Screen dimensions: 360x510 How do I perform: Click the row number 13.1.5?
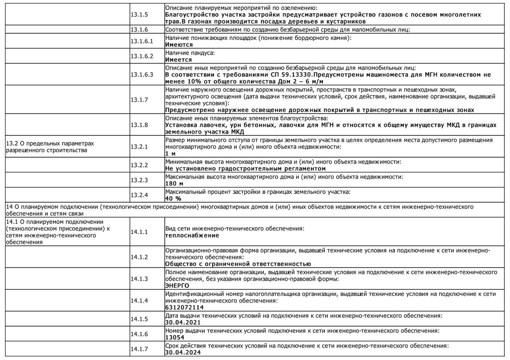(x=139, y=15)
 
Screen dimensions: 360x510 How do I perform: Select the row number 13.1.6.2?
(x=142, y=56)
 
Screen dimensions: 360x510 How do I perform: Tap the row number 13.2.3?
(x=139, y=180)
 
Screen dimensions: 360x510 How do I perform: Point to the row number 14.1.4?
(x=139, y=301)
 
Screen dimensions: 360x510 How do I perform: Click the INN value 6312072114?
(x=184, y=307)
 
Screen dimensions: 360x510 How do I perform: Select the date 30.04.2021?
(x=183, y=322)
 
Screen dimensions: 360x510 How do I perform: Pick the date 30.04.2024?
(x=183, y=352)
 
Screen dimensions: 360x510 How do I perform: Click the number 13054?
(x=175, y=337)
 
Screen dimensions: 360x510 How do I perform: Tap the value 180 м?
(x=174, y=184)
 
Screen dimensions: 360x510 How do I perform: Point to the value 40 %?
(x=173, y=199)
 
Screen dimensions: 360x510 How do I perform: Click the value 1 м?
(x=170, y=154)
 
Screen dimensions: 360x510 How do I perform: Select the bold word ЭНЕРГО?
(x=177, y=286)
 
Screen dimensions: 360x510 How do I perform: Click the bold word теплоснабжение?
(x=192, y=235)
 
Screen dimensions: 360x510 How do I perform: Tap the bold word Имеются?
(x=179, y=45)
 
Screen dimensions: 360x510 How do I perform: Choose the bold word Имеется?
(x=178, y=60)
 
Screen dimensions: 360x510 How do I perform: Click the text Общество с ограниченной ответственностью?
(x=238, y=264)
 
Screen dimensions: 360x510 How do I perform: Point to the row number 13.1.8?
(x=139, y=125)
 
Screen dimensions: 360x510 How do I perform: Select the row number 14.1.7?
(x=139, y=349)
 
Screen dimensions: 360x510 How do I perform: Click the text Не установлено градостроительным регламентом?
(x=245, y=169)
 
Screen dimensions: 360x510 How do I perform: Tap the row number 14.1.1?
(x=139, y=232)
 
